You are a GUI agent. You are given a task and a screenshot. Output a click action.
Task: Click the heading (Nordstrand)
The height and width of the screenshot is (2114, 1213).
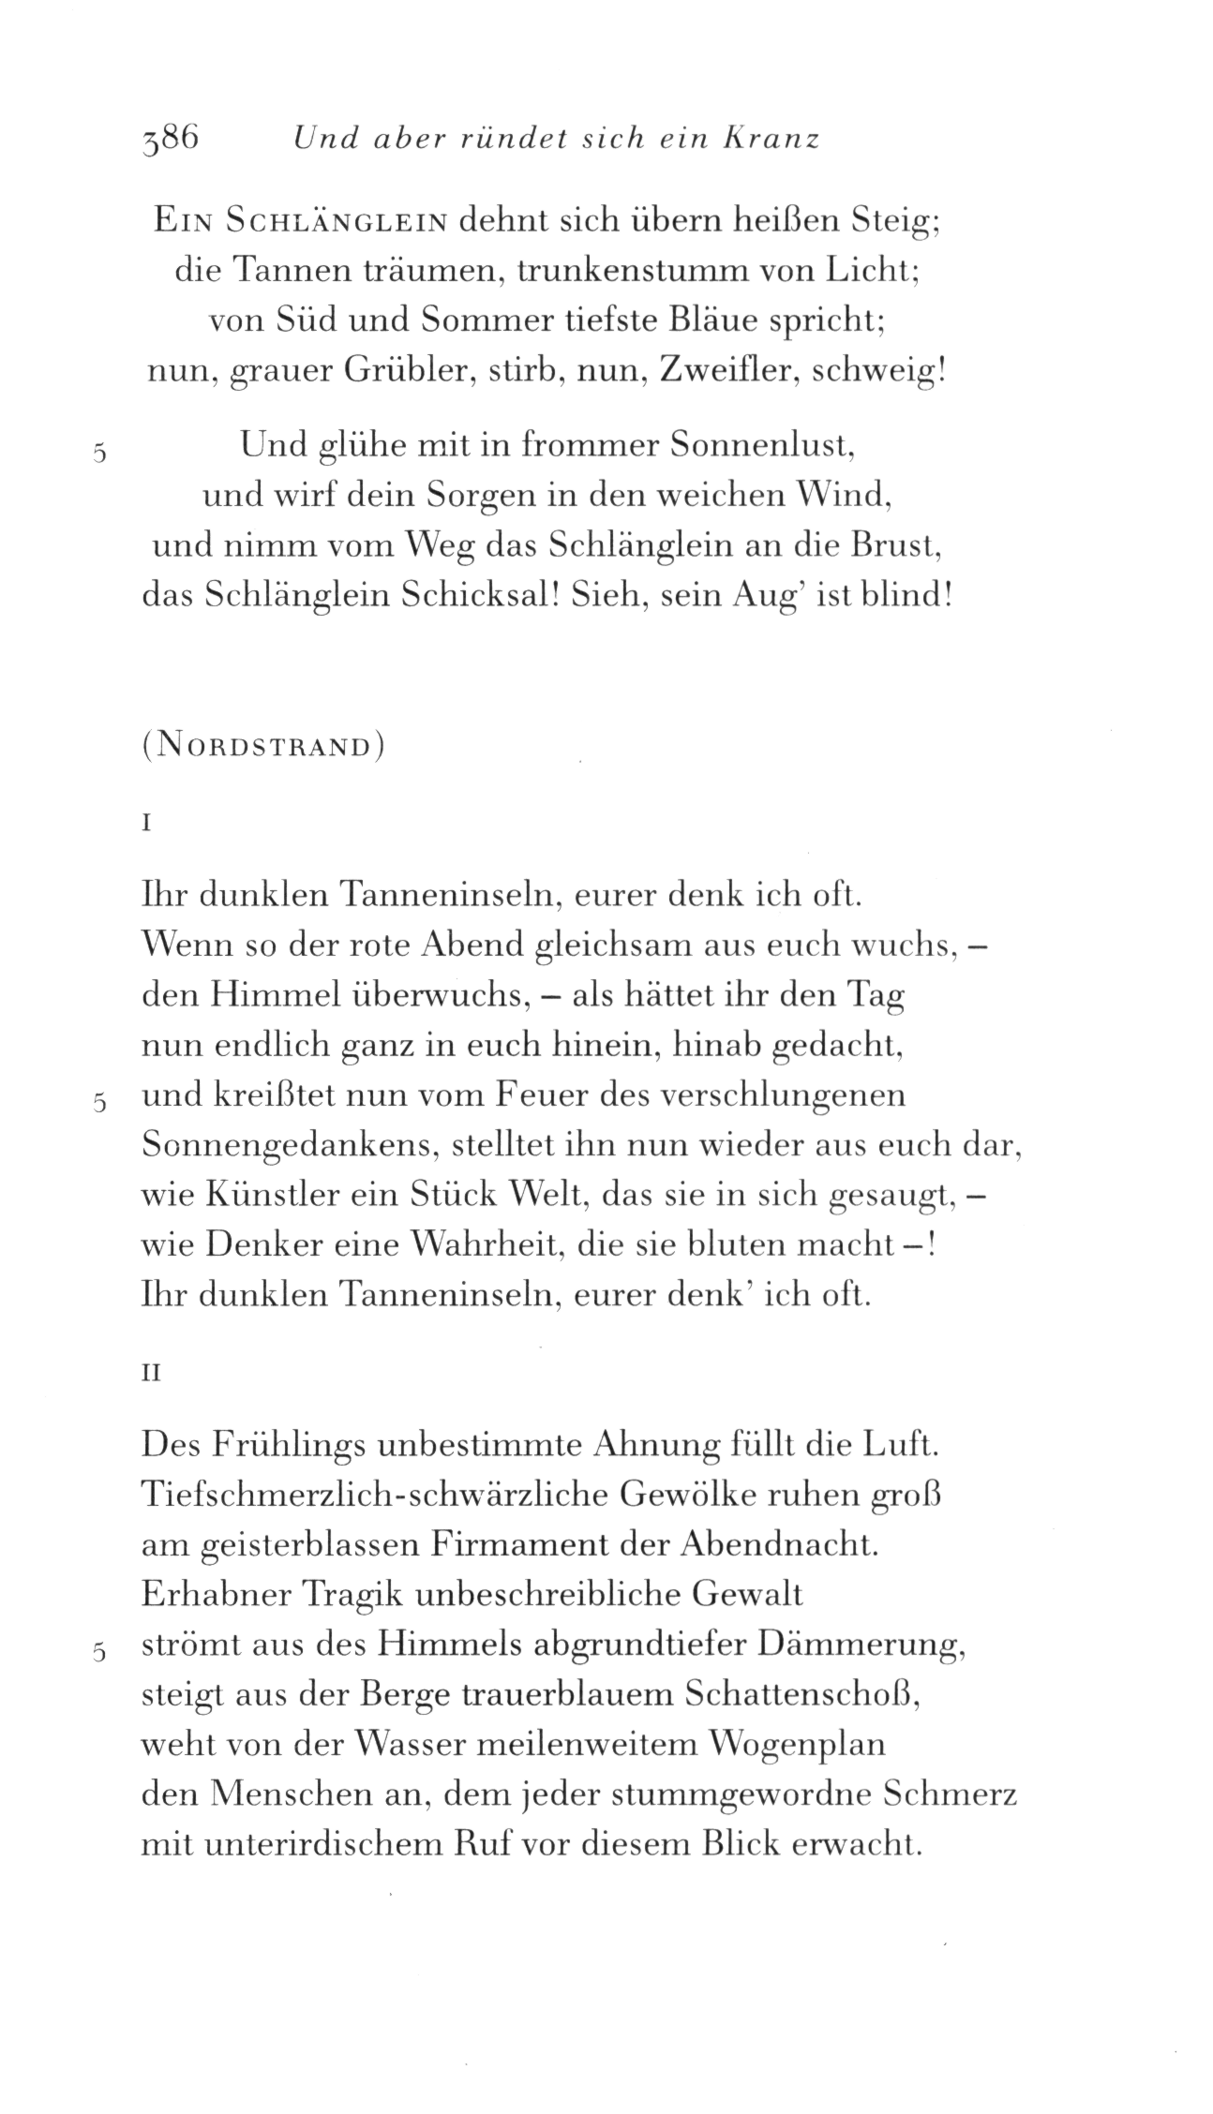(263, 749)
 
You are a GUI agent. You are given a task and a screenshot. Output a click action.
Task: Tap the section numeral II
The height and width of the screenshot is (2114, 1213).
(151, 1374)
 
